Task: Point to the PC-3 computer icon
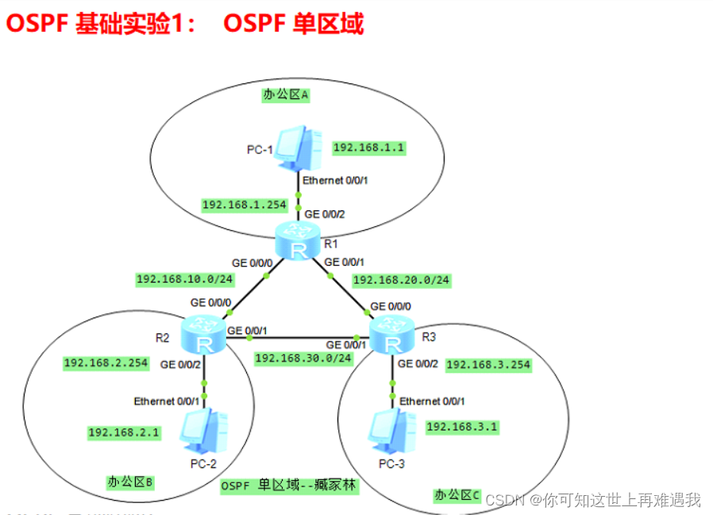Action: click(x=390, y=429)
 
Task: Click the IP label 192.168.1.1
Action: click(x=368, y=148)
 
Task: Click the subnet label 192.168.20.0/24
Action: click(x=400, y=280)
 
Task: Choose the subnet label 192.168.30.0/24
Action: click(x=303, y=358)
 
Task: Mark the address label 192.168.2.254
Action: click(x=106, y=363)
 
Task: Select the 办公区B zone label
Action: click(x=129, y=482)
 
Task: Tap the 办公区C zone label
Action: click(x=457, y=494)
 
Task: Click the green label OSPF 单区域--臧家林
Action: click(x=288, y=486)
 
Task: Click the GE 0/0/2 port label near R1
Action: click(x=326, y=213)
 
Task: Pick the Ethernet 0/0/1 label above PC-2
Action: click(x=165, y=401)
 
